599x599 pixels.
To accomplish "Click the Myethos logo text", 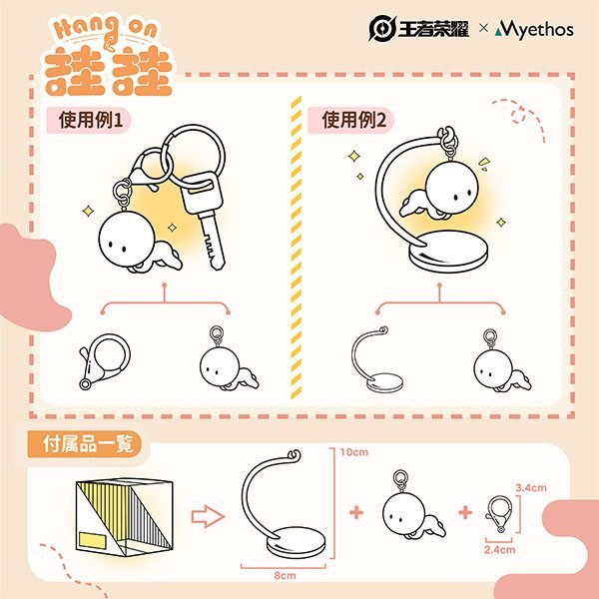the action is point(534,29).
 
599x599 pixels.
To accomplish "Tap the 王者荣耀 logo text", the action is point(433,29).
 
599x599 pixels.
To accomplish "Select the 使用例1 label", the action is point(90,120).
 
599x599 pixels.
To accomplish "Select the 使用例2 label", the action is point(353,120).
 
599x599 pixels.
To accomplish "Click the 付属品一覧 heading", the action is point(88,444).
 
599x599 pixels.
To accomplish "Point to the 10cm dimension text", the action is point(354,452).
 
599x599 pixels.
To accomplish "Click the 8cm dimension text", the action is point(285,575).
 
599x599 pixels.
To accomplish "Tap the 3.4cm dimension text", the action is point(531,488).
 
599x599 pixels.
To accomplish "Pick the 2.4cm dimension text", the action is point(500,550).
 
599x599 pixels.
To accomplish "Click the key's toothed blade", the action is point(212,241).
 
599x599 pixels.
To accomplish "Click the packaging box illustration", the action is point(124,517).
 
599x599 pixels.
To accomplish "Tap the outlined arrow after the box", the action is point(208,516).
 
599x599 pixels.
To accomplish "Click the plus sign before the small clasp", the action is point(465,512).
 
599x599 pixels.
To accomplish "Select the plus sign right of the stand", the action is point(356,512).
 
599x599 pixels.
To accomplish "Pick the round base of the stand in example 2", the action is point(448,252).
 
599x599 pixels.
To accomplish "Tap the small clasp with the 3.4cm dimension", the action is point(499,513).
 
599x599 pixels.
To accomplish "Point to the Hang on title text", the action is point(105,30).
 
